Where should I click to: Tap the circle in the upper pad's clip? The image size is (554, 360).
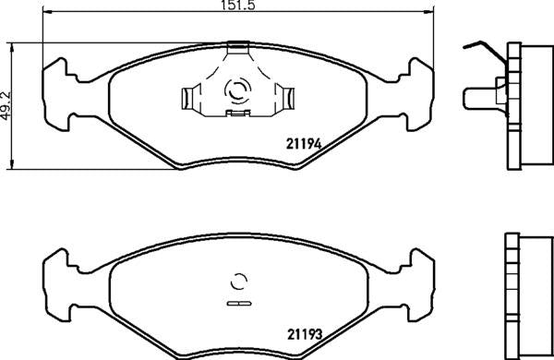236,91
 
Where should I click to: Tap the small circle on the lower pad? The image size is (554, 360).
238,282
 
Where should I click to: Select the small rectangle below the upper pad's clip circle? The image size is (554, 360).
238,114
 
